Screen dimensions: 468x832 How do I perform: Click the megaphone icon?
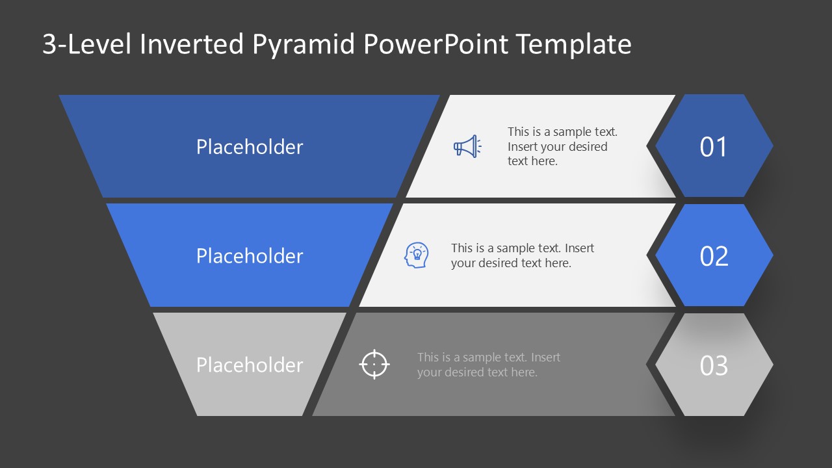pos(467,146)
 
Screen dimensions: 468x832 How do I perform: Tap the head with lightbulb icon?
pos(416,255)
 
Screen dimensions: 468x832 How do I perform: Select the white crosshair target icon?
pos(374,364)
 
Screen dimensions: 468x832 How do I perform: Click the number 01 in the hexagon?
pos(713,147)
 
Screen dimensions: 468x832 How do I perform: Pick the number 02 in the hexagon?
pos(713,256)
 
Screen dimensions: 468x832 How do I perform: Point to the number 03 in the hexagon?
pos(713,365)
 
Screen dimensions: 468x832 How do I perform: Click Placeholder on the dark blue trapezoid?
pos(250,147)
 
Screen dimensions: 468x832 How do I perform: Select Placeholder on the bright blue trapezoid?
pos(250,256)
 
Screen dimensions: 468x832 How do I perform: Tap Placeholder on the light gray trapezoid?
pos(250,365)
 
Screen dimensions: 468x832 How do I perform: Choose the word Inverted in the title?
pos(191,44)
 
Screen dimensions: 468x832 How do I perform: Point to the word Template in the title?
pos(573,44)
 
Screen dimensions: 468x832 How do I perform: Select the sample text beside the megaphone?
pos(562,146)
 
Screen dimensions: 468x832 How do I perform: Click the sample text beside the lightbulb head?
pos(522,255)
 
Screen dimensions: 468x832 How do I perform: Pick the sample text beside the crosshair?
pos(488,365)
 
